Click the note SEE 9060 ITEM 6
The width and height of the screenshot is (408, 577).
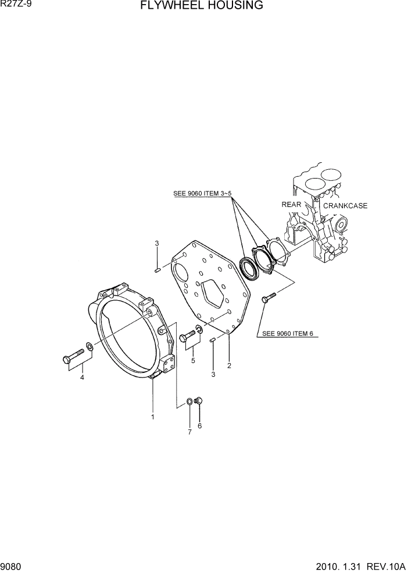tap(288, 333)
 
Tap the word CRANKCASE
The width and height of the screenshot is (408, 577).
tap(345, 206)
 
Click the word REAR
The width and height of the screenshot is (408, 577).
tap(291, 205)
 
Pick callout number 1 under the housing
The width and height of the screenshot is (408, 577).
tap(152, 416)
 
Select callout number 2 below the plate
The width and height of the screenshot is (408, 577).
tap(230, 366)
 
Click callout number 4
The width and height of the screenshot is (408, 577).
tap(82, 377)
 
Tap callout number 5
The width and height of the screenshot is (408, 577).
tap(193, 361)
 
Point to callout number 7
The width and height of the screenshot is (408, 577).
tap(189, 432)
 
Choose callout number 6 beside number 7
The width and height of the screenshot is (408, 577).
tap(200, 426)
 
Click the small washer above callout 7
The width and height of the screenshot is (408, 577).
tap(190, 401)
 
